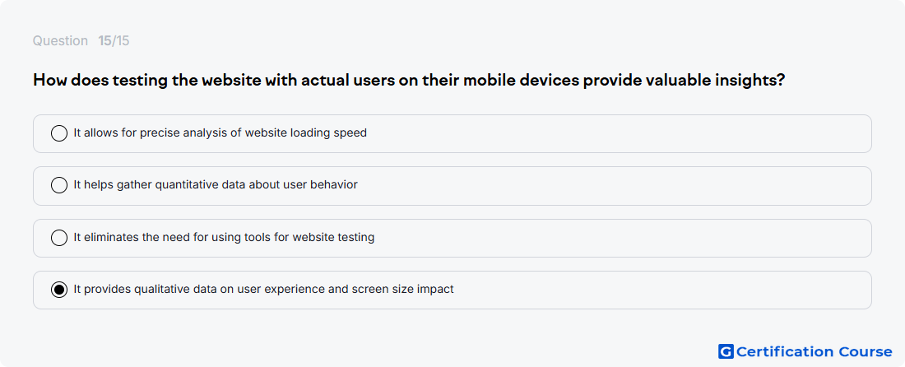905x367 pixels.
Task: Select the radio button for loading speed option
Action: tap(59, 133)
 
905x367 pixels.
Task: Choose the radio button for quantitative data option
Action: tap(59, 185)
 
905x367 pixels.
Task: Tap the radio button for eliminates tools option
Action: tap(59, 238)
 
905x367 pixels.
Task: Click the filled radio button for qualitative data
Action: tap(59, 290)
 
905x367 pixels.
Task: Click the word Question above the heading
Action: tap(60, 41)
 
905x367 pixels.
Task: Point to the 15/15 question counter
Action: tap(114, 41)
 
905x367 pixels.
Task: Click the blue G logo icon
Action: tap(726, 351)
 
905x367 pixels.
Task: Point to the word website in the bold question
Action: tap(230, 80)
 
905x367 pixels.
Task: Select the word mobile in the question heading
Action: tap(488, 80)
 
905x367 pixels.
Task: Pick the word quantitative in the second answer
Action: tap(187, 185)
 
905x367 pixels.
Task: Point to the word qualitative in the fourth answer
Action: tap(162, 290)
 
